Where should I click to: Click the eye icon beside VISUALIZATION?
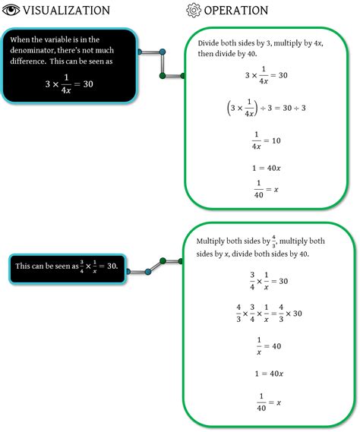[11, 10]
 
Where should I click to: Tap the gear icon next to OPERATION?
[194, 10]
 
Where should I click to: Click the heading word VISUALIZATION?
[66, 11]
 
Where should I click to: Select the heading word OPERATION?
[236, 11]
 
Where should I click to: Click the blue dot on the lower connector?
[148, 271]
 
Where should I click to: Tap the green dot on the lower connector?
[169, 260]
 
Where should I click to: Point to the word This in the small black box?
[24, 266]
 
